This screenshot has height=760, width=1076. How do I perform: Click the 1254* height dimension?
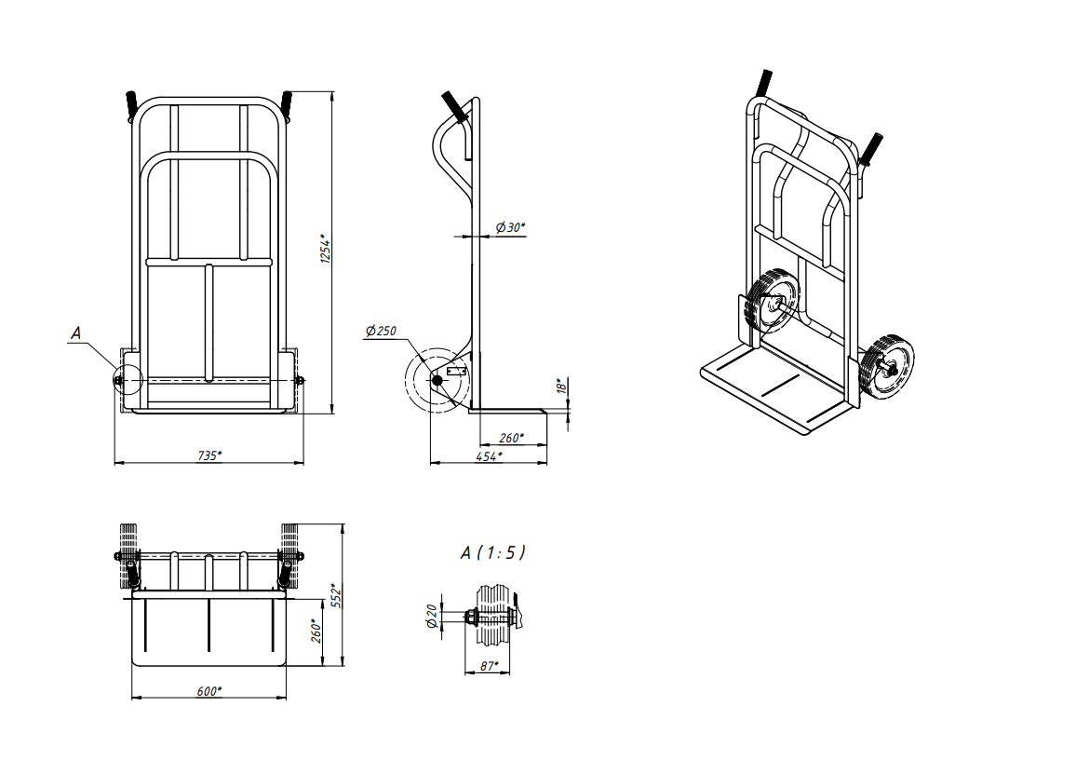pyautogui.click(x=326, y=251)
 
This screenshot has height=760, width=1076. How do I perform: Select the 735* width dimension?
pyautogui.click(x=209, y=455)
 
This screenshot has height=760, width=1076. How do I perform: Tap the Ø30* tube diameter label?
pyautogui.click(x=510, y=227)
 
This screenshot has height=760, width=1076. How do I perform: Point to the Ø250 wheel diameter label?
pyautogui.click(x=381, y=331)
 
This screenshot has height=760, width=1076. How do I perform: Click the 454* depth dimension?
pyautogui.click(x=489, y=455)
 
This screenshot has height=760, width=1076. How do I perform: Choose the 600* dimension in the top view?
pyautogui.click(x=209, y=691)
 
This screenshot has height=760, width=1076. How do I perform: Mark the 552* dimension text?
pyautogui.click(x=336, y=595)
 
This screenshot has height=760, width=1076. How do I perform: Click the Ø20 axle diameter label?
pyautogui.click(x=432, y=616)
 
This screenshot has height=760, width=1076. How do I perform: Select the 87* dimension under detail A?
pyautogui.click(x=490, y=666)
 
